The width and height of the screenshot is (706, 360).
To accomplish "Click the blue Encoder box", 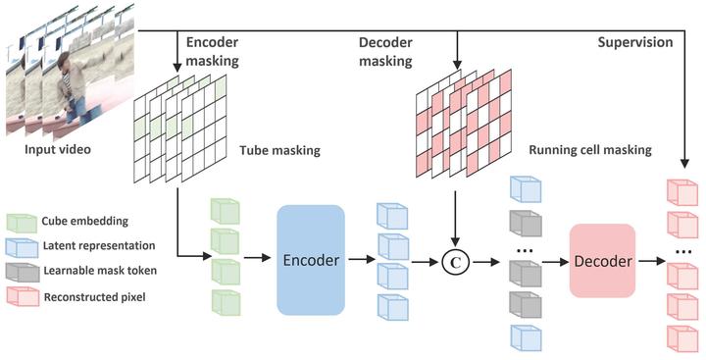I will [x=311, y=260].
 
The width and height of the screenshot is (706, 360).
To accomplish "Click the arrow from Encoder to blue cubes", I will [x=359, y=261].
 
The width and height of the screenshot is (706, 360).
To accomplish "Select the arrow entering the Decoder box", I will [x=553, y=261].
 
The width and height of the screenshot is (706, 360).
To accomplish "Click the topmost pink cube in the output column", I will [x=680, y=191].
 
